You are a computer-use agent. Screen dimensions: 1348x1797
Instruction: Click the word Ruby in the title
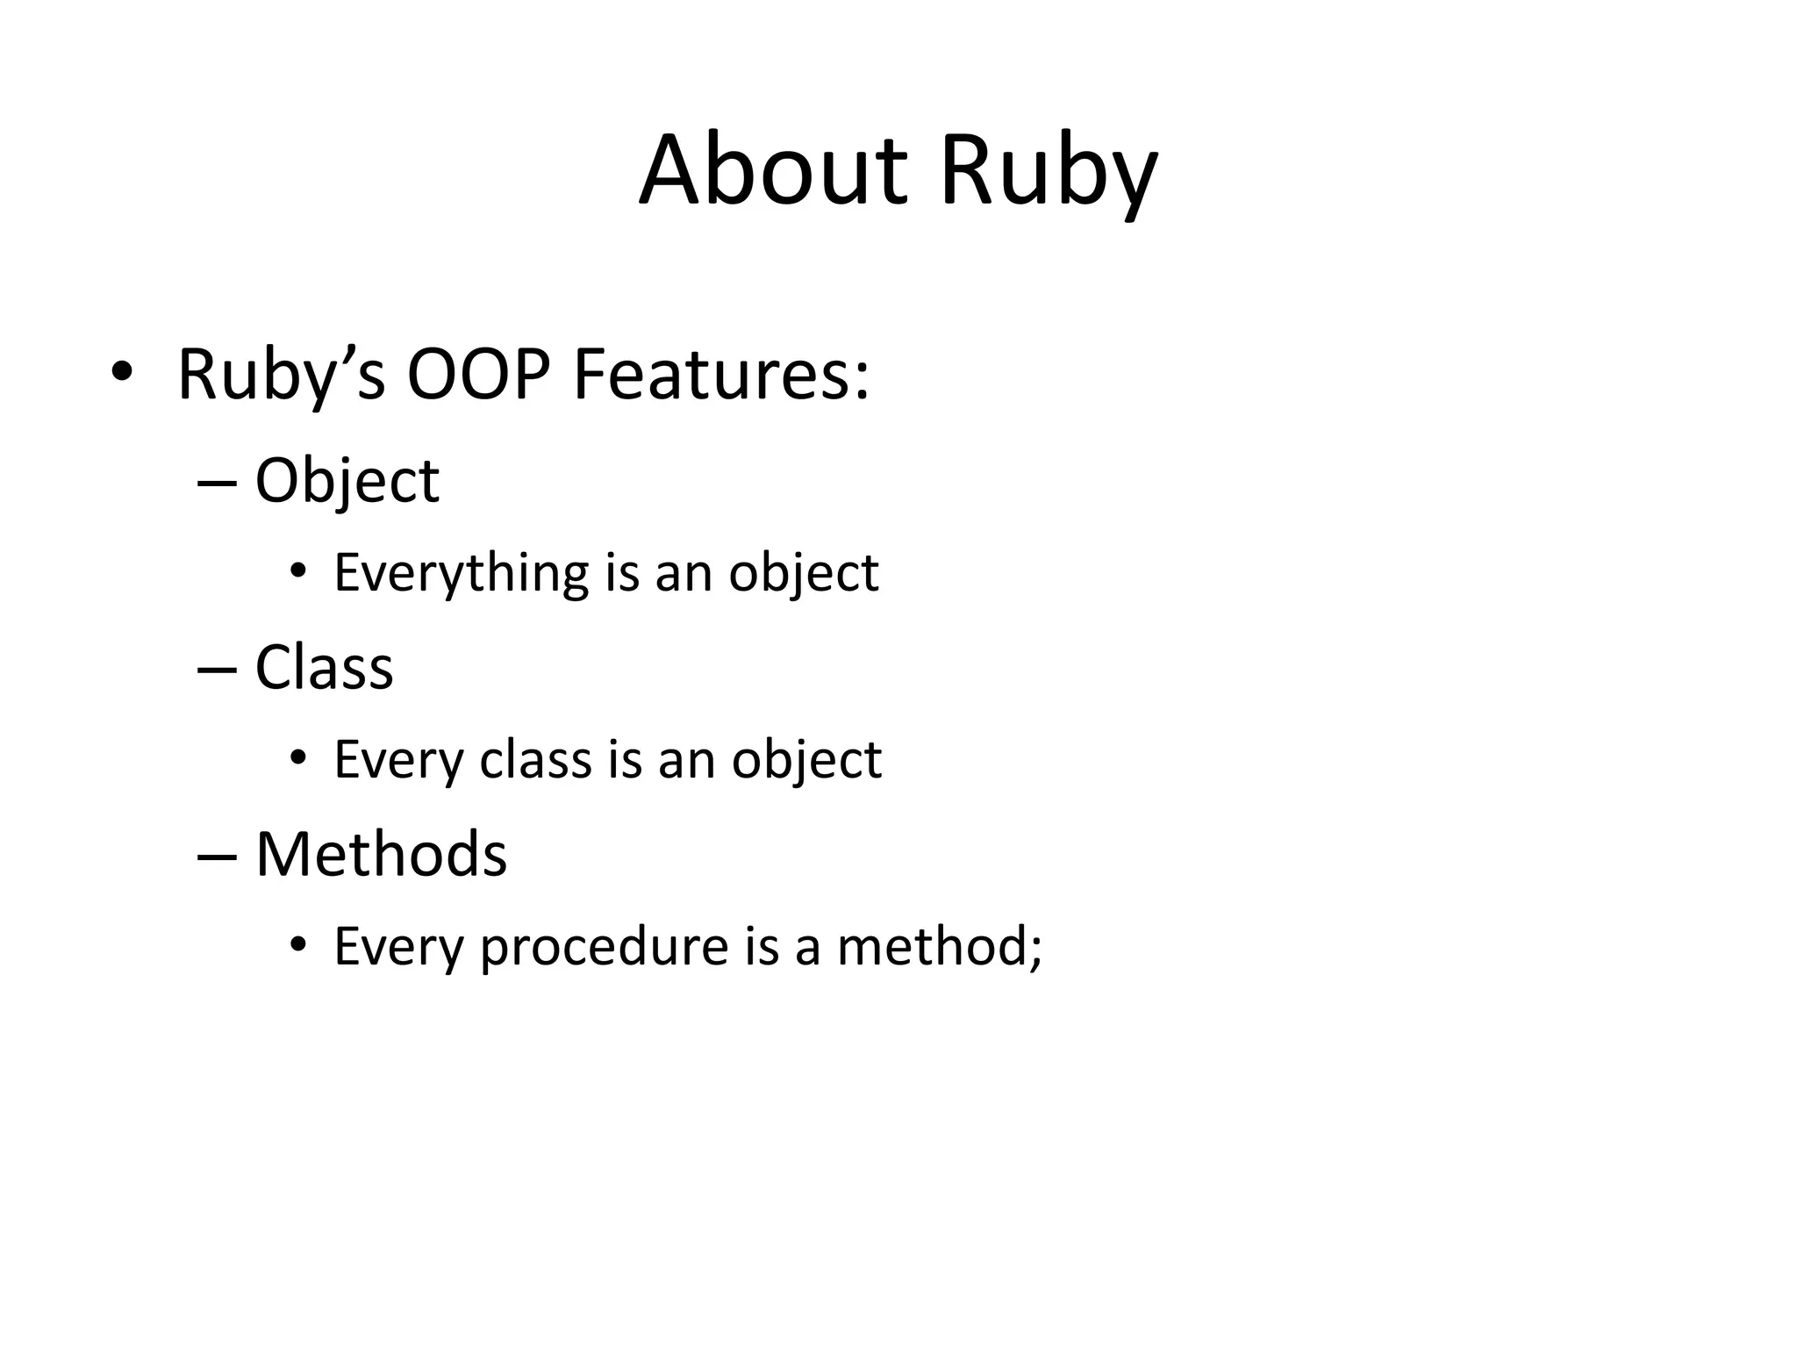1049,171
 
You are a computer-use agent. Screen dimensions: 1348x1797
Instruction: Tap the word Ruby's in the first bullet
281,376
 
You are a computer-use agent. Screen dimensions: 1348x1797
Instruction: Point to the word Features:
720,375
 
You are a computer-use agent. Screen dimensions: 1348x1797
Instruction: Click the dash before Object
218,483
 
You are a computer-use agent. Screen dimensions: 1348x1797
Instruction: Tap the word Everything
461,574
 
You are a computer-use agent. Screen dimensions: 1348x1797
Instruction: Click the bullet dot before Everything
298,571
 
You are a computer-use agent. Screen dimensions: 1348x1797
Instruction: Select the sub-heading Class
324,668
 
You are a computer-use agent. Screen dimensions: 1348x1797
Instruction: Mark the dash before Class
218,670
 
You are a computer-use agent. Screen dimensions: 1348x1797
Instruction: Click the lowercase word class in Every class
535,759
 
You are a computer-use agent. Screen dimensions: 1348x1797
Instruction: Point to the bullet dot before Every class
298,758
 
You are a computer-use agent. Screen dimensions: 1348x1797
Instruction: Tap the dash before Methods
218,857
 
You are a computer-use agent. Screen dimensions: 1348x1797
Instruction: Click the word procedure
604,947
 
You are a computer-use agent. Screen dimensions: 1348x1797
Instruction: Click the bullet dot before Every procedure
298,945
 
